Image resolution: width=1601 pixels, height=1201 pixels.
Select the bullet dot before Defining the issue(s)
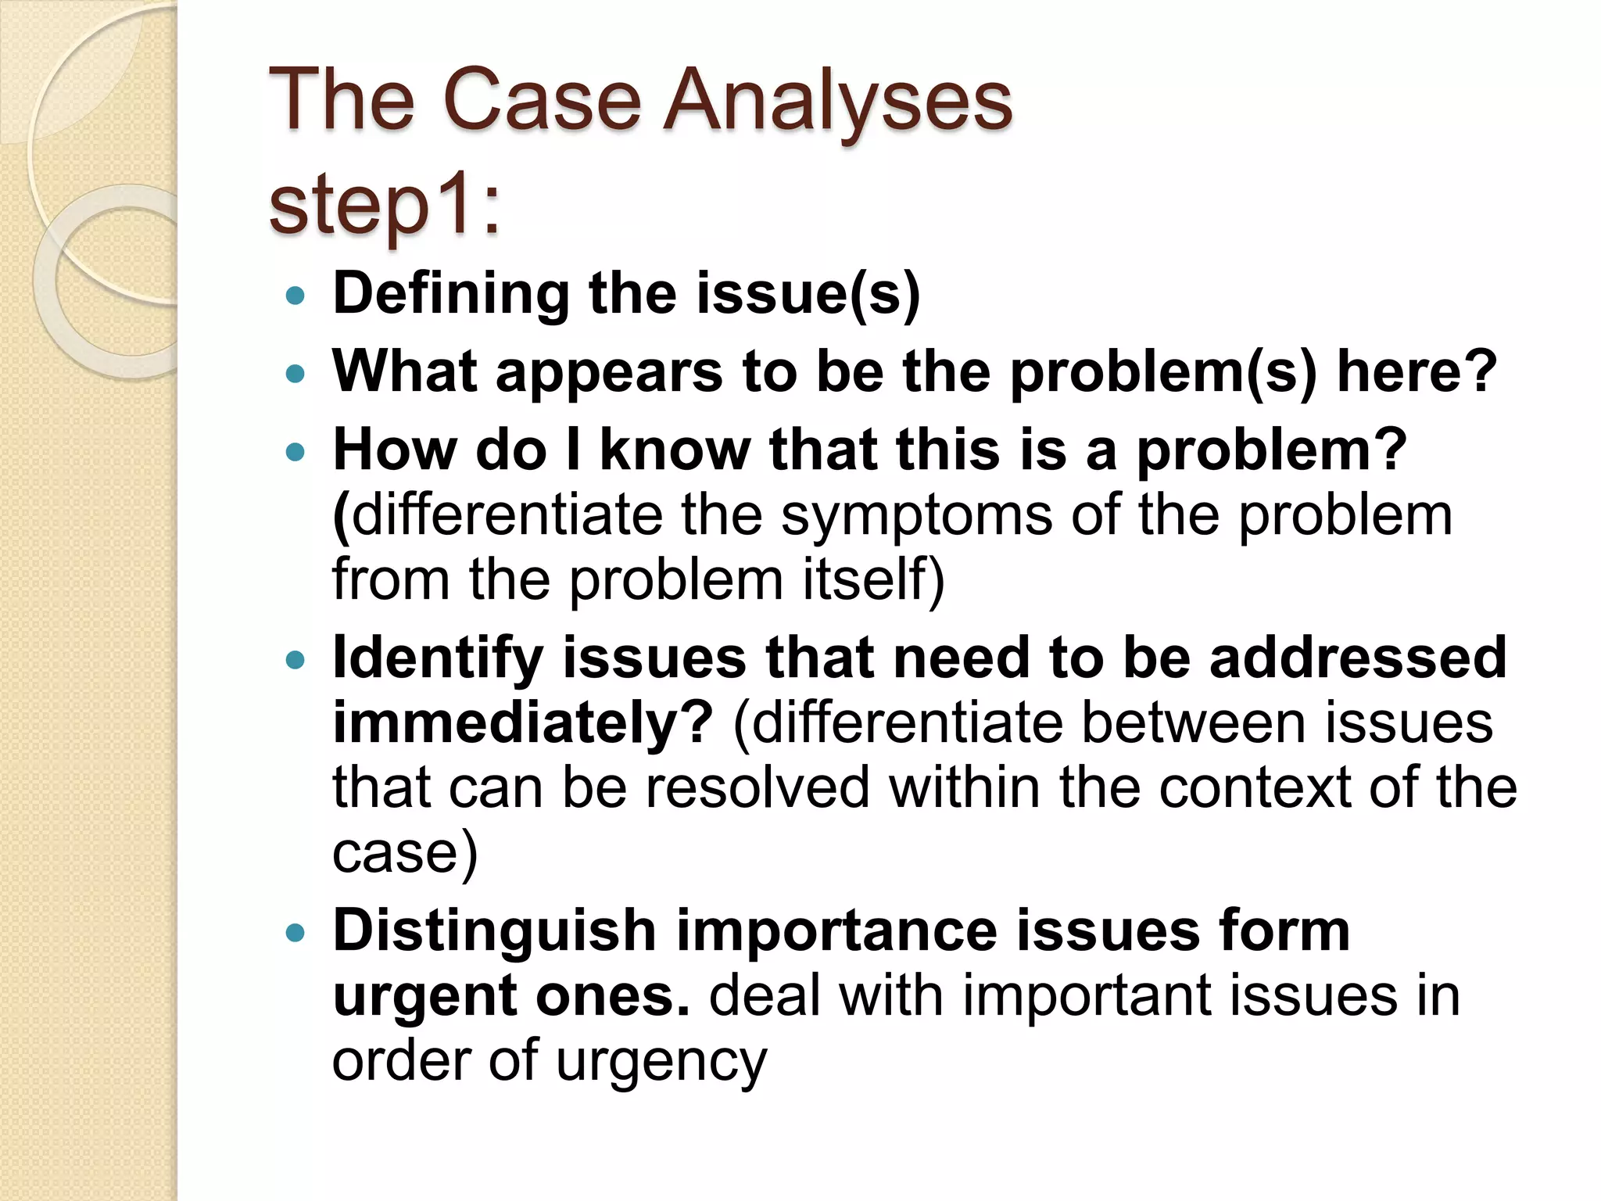(295, 296)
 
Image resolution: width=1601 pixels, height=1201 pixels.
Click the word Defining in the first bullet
(450, 293)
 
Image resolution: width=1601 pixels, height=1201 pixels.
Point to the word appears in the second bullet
(609, 373)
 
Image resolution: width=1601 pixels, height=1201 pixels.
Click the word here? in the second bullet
(1416, 371)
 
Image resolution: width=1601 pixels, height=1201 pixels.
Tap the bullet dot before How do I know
(295, 453)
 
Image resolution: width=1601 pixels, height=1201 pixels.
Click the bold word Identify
(438, 658)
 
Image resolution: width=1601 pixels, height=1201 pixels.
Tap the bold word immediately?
(522, 723)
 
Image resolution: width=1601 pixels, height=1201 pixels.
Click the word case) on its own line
(404, 852)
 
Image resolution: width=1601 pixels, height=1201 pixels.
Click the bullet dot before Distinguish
(295, 933)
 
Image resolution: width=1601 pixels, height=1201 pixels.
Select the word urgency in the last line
(661, 1062)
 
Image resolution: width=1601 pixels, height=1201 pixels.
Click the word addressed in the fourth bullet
(1357, 658)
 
